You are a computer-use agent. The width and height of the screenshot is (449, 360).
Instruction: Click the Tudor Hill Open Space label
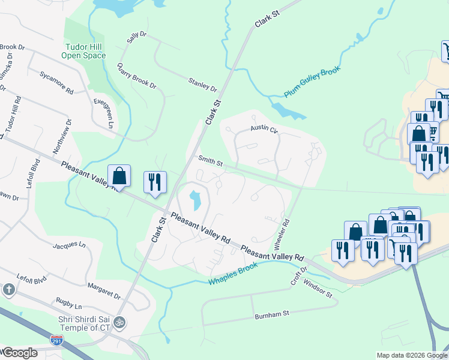pos(83,51)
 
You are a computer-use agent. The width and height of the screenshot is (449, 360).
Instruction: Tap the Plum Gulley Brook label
pos(312,82)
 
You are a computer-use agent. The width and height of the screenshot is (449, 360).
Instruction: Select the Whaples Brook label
pos(233,274)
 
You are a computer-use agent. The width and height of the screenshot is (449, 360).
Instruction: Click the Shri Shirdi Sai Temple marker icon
pos(120,322)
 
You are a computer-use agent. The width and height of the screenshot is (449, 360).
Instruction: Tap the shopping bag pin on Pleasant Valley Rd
pos(119,176)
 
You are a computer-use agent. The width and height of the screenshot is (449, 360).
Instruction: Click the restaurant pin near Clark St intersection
pos(155,183)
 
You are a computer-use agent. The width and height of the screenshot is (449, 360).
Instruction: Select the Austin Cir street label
pos(264,130)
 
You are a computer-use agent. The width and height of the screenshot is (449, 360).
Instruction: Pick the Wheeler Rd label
pos(282,235)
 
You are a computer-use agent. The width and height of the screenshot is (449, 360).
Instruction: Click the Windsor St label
pos(318,289)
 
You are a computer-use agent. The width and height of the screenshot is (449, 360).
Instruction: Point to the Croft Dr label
pos(299,276)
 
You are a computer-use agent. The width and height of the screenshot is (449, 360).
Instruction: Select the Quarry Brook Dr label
pos(136,76)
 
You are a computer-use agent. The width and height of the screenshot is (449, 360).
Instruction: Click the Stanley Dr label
pos(202,85)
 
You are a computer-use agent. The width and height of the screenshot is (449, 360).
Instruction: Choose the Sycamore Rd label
pos(56,83)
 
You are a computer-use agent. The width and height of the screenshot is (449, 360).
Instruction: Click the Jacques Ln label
pos(69,245)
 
